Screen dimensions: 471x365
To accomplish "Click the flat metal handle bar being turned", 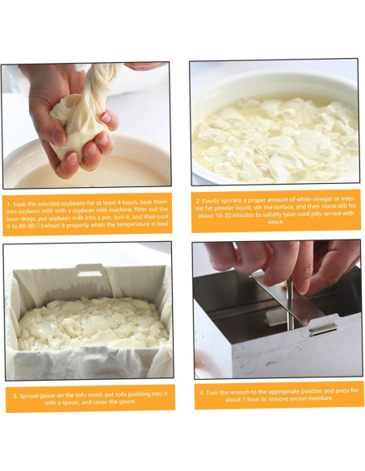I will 275,295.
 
